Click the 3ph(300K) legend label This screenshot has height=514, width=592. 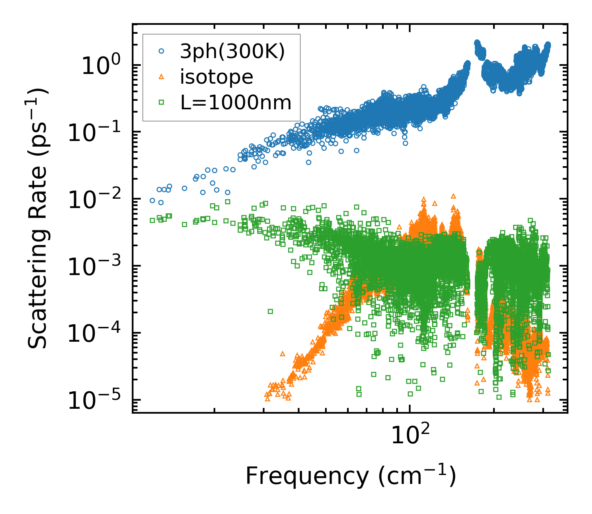(x=233, y=52)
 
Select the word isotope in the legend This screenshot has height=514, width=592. (x=216, y=77)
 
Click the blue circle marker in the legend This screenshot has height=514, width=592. (x=161, y=51)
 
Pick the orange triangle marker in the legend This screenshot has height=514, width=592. (x=161, y=77)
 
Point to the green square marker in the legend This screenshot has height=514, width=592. (x=161, y=102)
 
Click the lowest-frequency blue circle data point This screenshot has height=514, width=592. (x=152, y=200)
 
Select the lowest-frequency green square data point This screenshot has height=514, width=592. (x=152, y=220)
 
